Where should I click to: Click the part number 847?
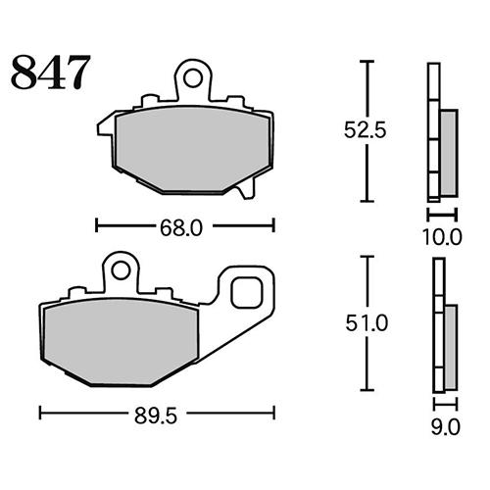(x=51, y=73)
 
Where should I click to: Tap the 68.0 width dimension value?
(x=181, y=227)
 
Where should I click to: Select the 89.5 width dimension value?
(x=156, y=416)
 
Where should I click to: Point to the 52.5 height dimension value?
(x=365, y=130)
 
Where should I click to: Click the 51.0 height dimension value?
(x=367, y=323)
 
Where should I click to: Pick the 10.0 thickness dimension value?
(x=442, y=237)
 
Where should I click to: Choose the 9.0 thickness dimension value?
(x=446, y=428)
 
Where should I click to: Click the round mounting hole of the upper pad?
(x=193, y=78)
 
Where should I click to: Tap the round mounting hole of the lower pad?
(x=121, y=270)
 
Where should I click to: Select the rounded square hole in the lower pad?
(x=247, y=292)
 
